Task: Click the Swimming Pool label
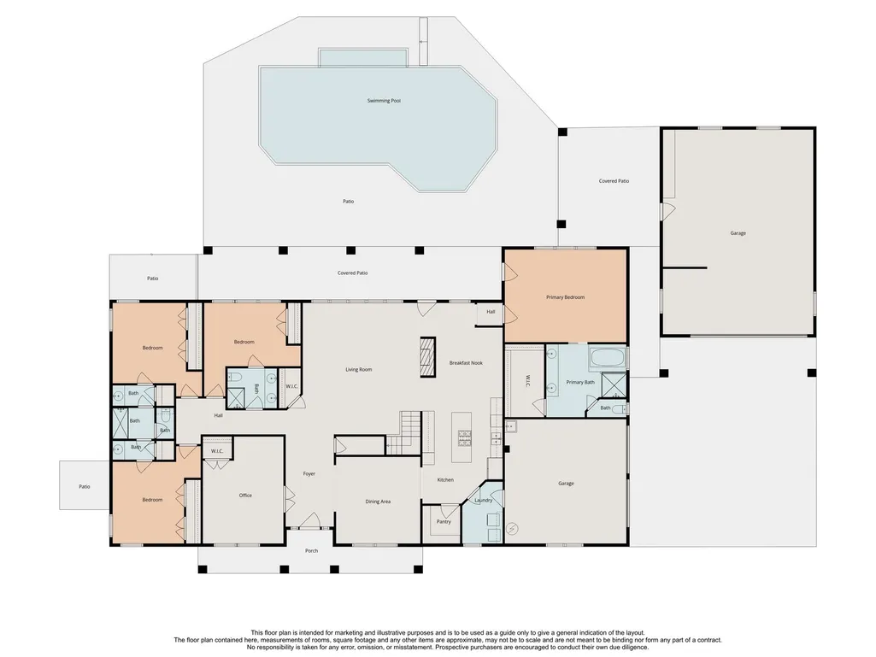tap(384, 101)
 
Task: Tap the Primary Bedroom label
tap(566, 297)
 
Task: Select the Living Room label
tap(359, 369)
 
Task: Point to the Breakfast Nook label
tap(466, 363)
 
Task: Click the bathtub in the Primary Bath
tap(608, 357)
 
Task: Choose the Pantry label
tap(444, 522)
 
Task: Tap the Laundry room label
tap(483, 501)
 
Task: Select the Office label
tap(245, 495)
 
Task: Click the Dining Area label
tap(378, 502)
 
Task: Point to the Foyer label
tap(309, 474)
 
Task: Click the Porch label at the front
tap(311, 551)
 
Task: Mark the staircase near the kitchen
tap(410, 433)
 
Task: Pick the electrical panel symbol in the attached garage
tap(513, 528)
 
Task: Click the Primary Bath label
tap(580, 382)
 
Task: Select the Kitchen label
tap(445, 480)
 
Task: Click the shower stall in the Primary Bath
tap(614, 384)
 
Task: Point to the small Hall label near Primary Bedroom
tap(491, 312)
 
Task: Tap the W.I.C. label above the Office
tap(217, 451)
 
